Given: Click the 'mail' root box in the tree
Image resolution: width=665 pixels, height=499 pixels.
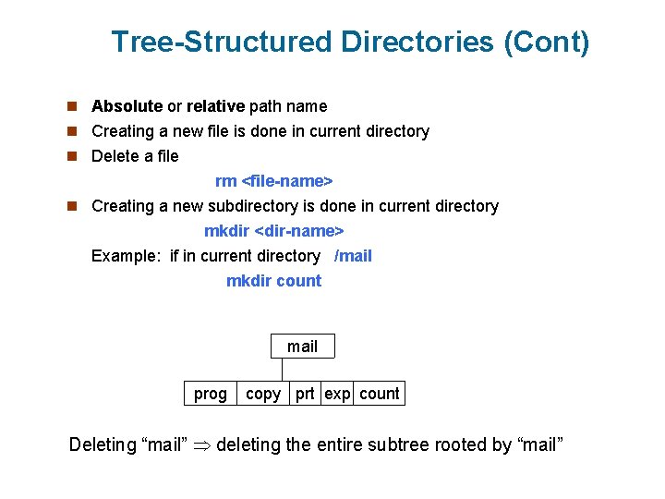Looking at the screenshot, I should (302, 347).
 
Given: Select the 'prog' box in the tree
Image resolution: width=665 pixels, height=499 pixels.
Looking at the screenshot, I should (210, 394).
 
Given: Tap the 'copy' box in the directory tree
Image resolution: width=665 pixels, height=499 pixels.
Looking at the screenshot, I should (263, 394).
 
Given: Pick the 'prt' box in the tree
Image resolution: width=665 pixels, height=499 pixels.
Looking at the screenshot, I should (305, 394).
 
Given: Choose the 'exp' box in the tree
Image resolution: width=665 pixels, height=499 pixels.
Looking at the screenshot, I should (337, 394).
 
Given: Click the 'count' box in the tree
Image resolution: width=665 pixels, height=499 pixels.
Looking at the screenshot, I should (379, 394).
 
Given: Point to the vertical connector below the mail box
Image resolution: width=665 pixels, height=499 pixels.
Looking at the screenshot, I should (283, 369).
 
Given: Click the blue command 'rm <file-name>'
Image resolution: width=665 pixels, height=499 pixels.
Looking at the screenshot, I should (273, 181).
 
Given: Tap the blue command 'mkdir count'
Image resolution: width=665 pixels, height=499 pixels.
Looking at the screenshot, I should (273, 281).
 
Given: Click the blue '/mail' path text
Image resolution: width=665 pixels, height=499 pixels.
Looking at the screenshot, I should (353, 256).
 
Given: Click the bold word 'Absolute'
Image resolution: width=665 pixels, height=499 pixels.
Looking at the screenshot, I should (127, 106).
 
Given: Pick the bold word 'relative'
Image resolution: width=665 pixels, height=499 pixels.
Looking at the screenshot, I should (215, 106).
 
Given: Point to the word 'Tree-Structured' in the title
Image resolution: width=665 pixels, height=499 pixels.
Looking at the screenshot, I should (221, 43).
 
